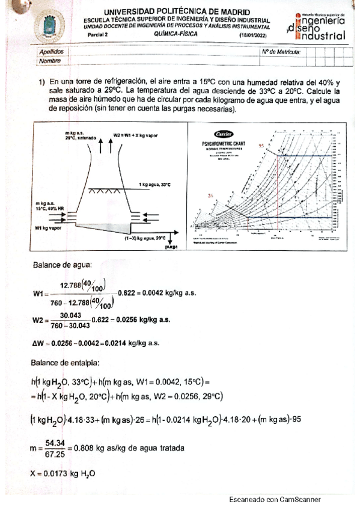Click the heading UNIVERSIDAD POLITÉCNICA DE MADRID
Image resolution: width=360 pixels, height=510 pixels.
pyautogui.click(x=178, y=12)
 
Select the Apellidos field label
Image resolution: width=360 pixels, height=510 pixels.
pyautogui.click(x=50, y=52)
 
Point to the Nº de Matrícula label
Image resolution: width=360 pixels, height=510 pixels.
pyautogui.click(x=281, y=52)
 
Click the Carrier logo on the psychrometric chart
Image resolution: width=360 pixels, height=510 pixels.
pyautogui.click(x=221, y=133)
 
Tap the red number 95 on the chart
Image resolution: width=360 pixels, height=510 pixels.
pyautogui.click(x=261, y=146)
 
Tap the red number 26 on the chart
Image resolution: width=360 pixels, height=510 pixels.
pyautogui.click(x=210, y=195)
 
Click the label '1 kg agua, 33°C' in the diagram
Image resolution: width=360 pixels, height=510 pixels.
pyautogui.click(x=155, y=183)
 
